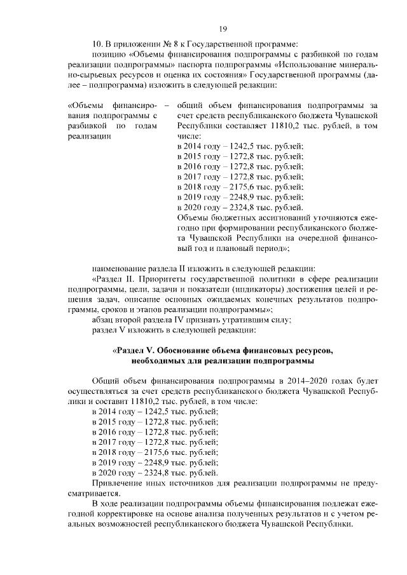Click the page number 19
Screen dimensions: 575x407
[x=223, y=29]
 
